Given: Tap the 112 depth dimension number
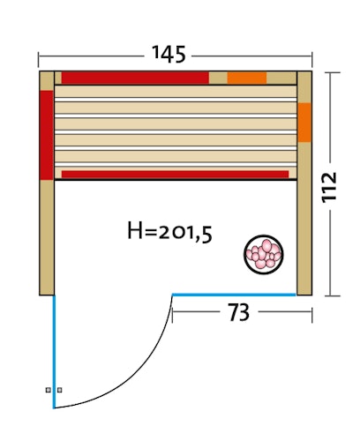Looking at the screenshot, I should pos(330,187).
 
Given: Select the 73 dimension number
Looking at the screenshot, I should pos(239,311).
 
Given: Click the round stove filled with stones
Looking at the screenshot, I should pos(264,254).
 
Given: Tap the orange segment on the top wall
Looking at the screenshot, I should pos(246,78).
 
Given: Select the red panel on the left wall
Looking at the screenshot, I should pos(47,134).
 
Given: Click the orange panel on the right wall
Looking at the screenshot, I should pos(304,123).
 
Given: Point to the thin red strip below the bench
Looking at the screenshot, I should pos(175,175).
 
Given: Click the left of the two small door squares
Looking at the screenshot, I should pos(49,389).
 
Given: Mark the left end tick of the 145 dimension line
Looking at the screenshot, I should pos(39,60).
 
